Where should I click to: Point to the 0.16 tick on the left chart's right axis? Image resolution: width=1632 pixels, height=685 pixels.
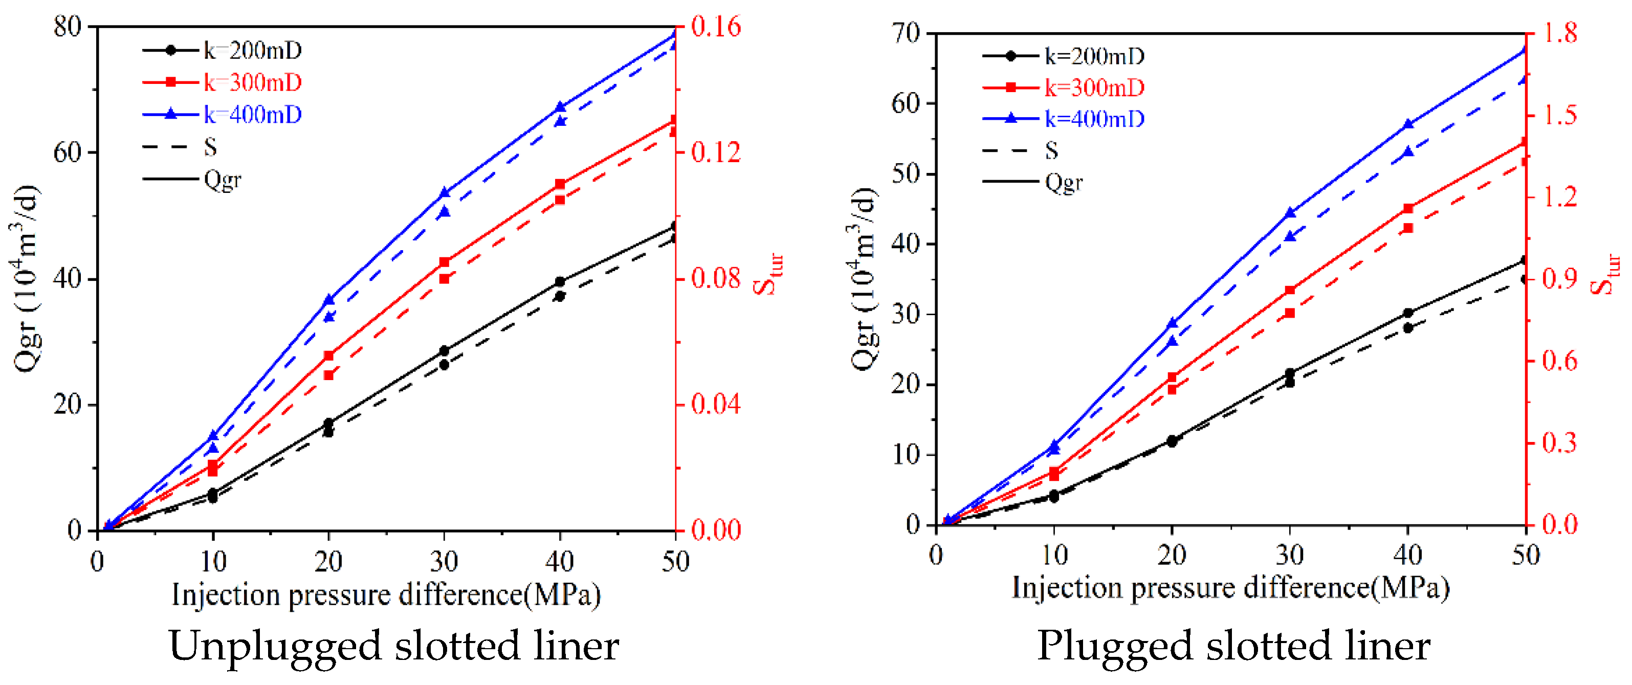pyautogui.click(x=715, y=27)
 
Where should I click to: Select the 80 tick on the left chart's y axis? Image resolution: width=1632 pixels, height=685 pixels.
pyautogui.click(x=68, y=27)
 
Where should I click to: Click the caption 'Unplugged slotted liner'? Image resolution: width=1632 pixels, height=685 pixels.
pyautogui.click(x=393, y=646)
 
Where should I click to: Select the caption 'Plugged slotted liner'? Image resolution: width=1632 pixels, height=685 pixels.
pyautogui.click(x=1233, y=646)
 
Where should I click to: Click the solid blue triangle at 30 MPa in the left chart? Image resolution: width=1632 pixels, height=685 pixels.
pyautogui.click(x=444, y=193)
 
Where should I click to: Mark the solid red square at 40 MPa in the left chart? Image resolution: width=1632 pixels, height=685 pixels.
pyautogui.click(x=560, y=184)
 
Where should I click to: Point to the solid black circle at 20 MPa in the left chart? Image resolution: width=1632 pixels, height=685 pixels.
pyautogui.click(x=328, y=423)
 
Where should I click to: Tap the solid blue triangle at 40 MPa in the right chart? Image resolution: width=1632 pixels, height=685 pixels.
pyautogui.click(x=1408, y=124)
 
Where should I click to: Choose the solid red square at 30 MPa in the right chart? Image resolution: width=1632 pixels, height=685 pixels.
pyautogui.click(x=1290, y=290)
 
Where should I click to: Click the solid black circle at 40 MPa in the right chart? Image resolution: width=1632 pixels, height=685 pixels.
pyautogui.click(x=1408, y=313)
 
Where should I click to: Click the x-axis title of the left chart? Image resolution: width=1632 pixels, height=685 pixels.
pyautogui.click(x=386, y=594)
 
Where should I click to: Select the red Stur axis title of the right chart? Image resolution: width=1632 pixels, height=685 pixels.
pyautogui.click(x=1605, y=274)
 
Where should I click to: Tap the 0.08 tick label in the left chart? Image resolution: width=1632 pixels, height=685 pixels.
pyautogui.click(x=715, y=278)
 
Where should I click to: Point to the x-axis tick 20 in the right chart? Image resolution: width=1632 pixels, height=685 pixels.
pyautogui.click(x=1172, y=555)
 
